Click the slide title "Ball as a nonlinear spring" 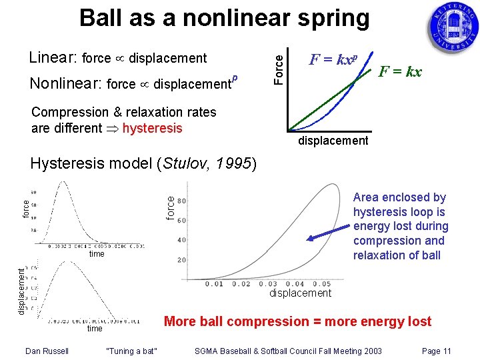pyautogui.click(x=224, y=18)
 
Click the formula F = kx pyautogui.click(x=400, y=71)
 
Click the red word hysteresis pyautogui.click(x=151, y=128)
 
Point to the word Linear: pyautogui.click(x=53, y=58)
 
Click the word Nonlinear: pyautogui.click(x=65, y=84)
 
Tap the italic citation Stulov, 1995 pyautogui.click(x=206, y=164)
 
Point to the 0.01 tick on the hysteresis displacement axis pyautogui.click(x=215, y=285)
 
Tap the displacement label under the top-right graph pyautogui.click(x=333, y=141)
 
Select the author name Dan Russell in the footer pyautogui.click(x=47, y=351)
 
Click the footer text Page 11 pyautogui.click(x=437, y=351)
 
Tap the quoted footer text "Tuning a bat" pyautogui.click(x=131, y=351)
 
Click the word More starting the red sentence pyautogui.click(x=180, y=321)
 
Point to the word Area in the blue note pyautogui.click(x=366, y=197)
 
